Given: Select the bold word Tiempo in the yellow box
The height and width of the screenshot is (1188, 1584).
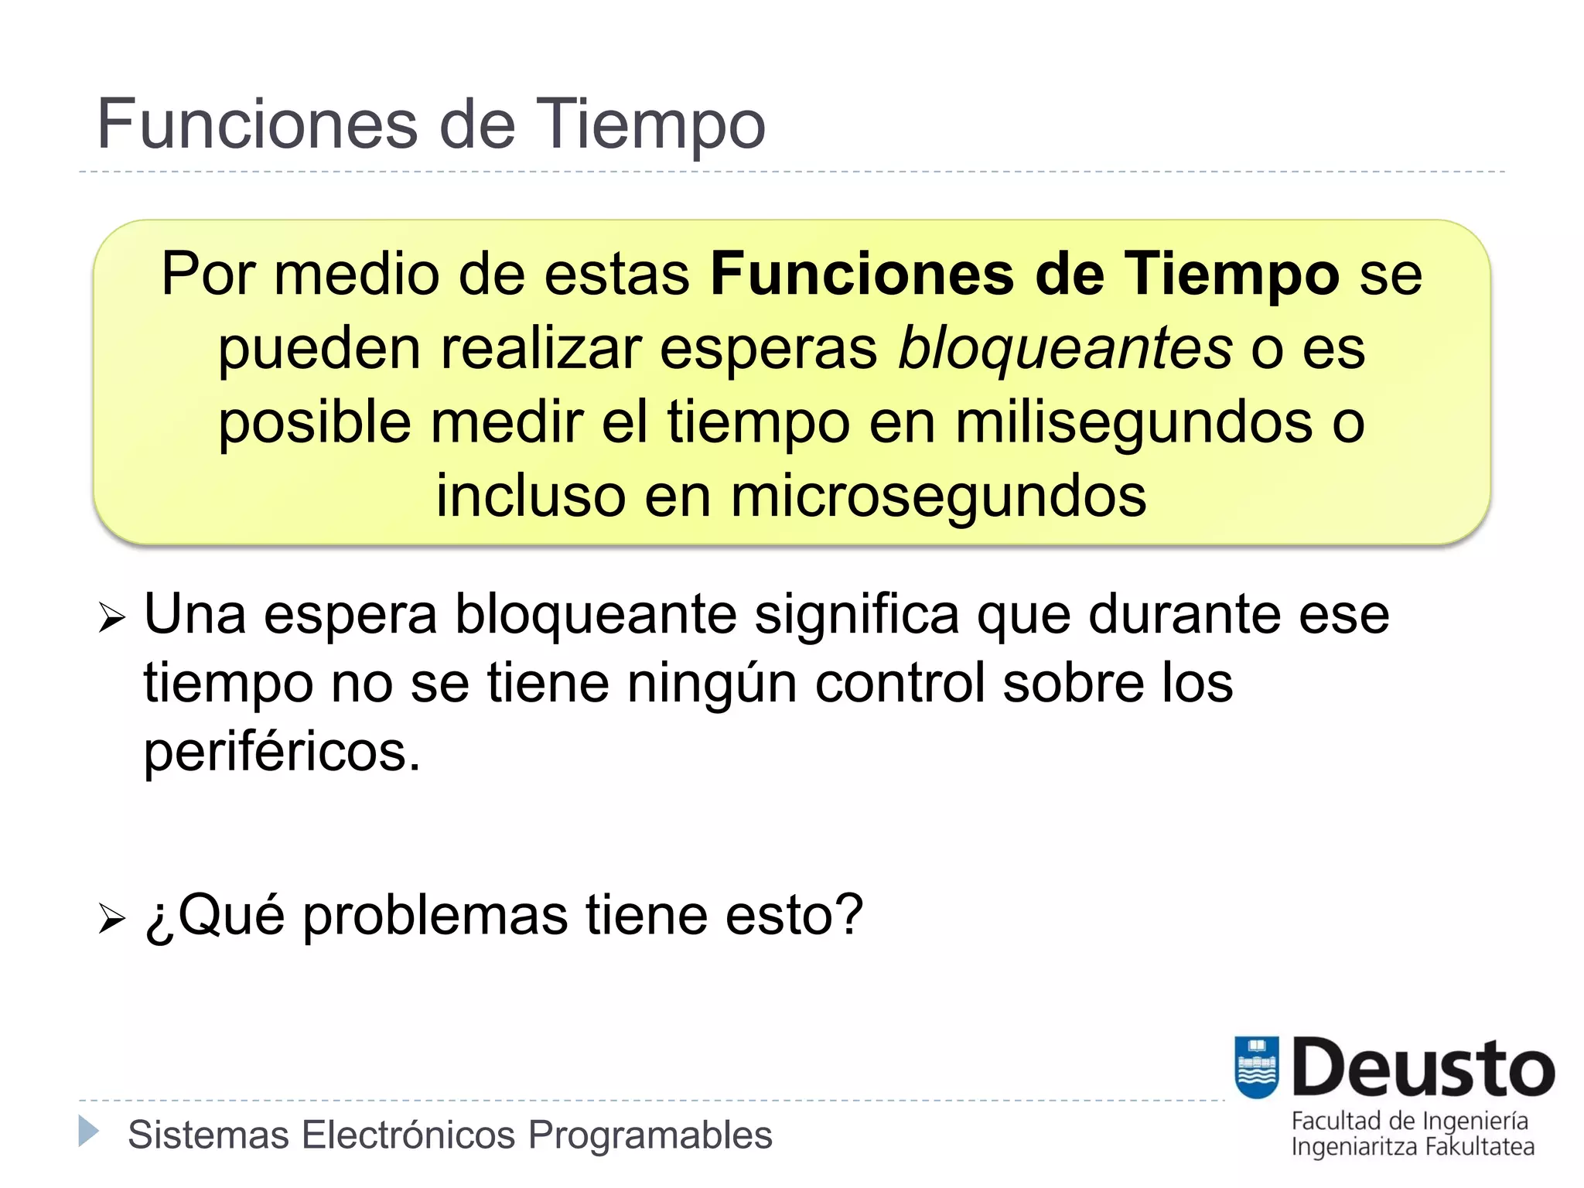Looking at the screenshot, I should (1231, 274).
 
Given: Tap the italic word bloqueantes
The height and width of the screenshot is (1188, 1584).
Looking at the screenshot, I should (1065, 348).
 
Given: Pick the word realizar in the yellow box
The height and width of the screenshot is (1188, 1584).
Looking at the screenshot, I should (541, 348).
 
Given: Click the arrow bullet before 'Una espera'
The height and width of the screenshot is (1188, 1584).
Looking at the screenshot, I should (112, 617).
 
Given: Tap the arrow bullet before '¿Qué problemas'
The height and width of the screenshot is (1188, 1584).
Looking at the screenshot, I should (112, 918).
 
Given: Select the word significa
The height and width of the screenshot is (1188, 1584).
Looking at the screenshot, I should (857, 614).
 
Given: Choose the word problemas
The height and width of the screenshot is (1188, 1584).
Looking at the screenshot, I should (435, 915).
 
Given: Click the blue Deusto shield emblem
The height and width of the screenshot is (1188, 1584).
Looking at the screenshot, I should (1257, 1067).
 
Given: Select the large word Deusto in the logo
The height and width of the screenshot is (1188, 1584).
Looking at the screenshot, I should (1423, 1068).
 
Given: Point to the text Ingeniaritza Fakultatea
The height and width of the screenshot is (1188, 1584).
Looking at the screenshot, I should (1412, 1147).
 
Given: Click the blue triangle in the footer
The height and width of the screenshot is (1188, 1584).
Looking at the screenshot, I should (89, 1131).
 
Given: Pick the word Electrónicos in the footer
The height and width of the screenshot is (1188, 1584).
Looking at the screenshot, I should (408, 1135).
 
